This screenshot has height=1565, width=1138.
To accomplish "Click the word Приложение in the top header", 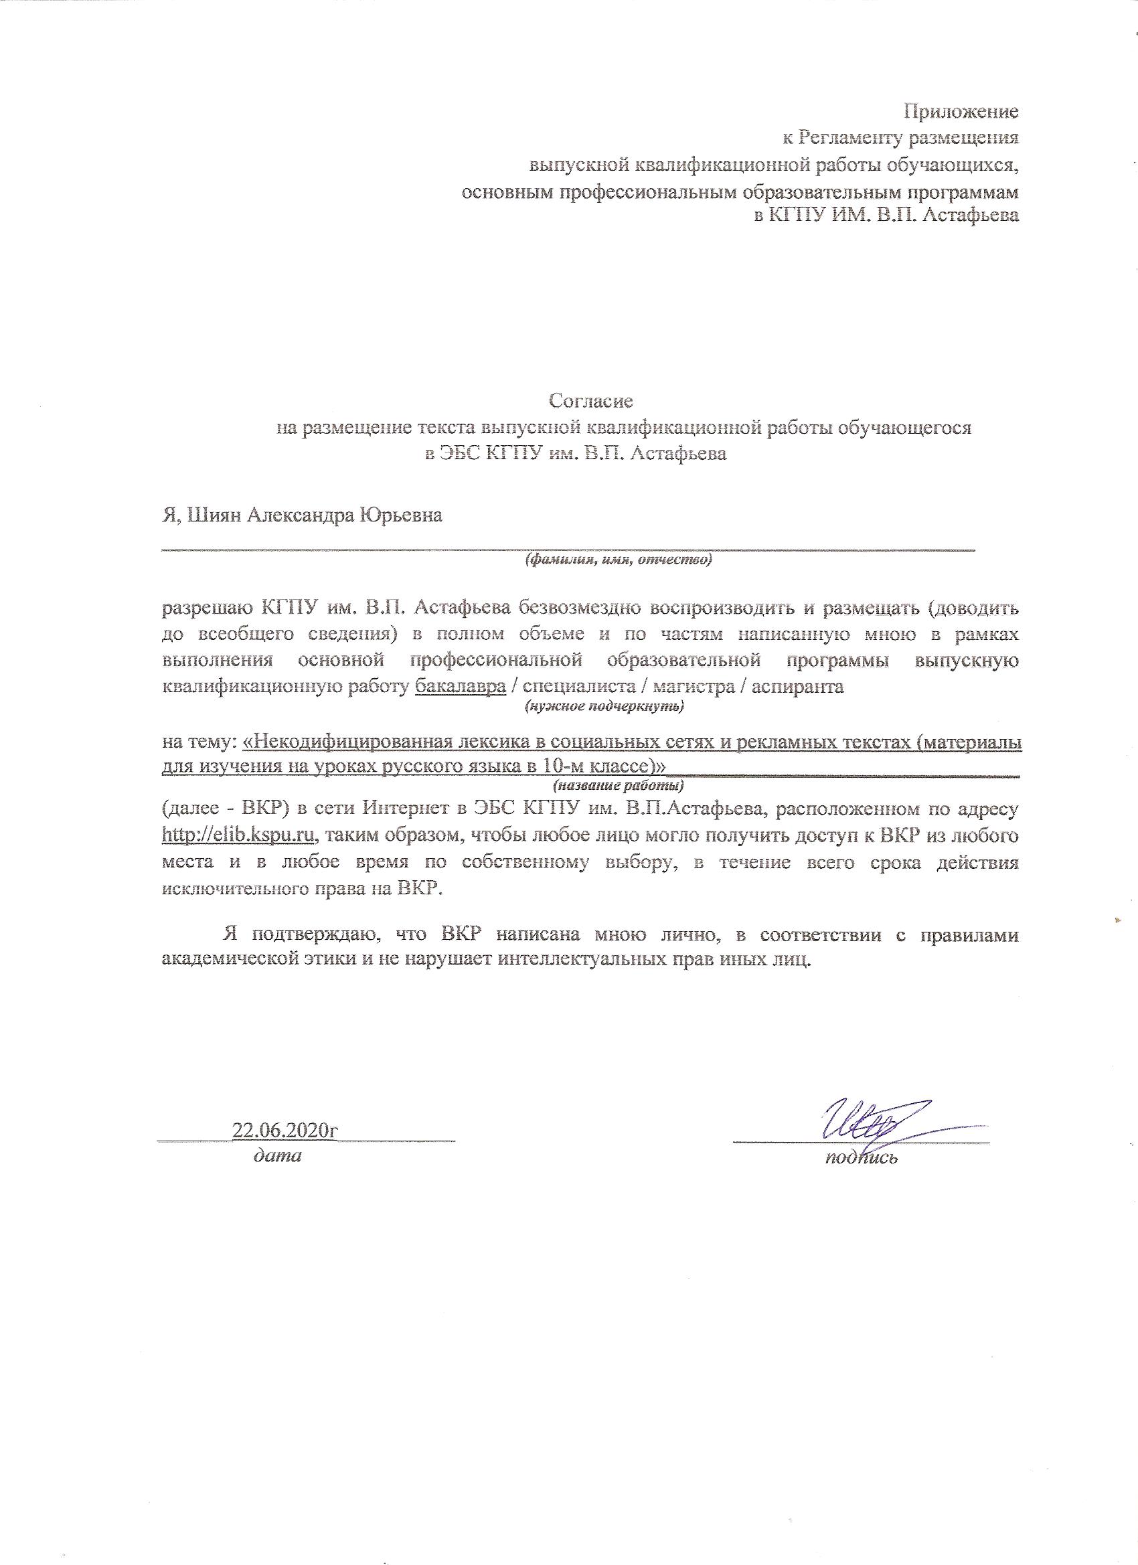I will coord(961,110).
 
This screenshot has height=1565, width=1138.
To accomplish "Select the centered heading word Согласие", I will coord(590,400).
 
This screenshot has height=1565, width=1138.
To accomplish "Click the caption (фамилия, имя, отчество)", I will coord(619,560).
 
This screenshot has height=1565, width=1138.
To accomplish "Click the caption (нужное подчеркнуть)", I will coord(604,706).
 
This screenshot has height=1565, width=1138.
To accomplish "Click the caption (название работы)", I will coord(619,785).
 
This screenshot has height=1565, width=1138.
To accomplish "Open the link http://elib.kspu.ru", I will coord(239,835).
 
